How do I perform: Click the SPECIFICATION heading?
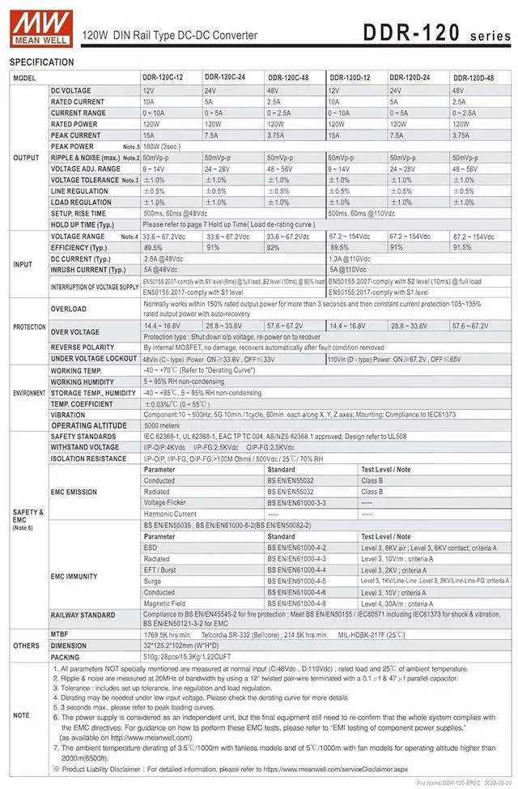click(x=41, y=62)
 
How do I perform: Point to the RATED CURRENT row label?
click(x=78, y=102)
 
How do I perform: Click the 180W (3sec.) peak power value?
click(x=163, y=147)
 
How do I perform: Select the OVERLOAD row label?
click(x=69, y=309)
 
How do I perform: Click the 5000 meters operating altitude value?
click(x=162, y=425)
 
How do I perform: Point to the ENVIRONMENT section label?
click(x=28, y=392)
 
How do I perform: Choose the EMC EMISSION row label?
click(x=74, y=492)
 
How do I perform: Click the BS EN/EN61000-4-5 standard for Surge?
click(x=296, y=581)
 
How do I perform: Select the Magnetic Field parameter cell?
click(x=165, y=603)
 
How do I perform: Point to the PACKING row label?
click(x=66, y=657)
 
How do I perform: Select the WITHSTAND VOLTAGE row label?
click(x=85, y=447)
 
